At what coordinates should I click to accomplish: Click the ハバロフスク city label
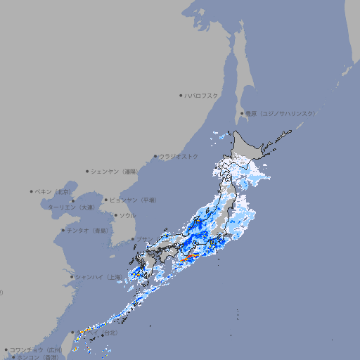coord(202,95)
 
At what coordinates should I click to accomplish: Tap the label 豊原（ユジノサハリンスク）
coord(280,113)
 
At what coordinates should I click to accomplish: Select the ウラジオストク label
coord(179,156)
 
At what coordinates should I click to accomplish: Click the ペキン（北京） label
coord(53,191)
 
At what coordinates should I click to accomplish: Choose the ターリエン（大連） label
coord(71,207)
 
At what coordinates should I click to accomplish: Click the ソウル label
coord(127,216)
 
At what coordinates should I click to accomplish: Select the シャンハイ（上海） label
coord(98,277)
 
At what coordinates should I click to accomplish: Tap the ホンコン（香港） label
coord(37,357)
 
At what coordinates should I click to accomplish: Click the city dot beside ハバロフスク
coord(181,95)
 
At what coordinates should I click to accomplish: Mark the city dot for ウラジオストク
coord(155,156)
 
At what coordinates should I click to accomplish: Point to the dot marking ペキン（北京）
coord(31,191)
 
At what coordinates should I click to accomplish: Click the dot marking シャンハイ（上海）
coord(72,277)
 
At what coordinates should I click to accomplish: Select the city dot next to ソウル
coord(114,216)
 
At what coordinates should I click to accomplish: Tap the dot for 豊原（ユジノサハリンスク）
coord(242,113)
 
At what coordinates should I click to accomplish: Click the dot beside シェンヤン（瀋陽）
coord(88,172)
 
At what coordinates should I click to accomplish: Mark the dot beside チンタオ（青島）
coord(63,231)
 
